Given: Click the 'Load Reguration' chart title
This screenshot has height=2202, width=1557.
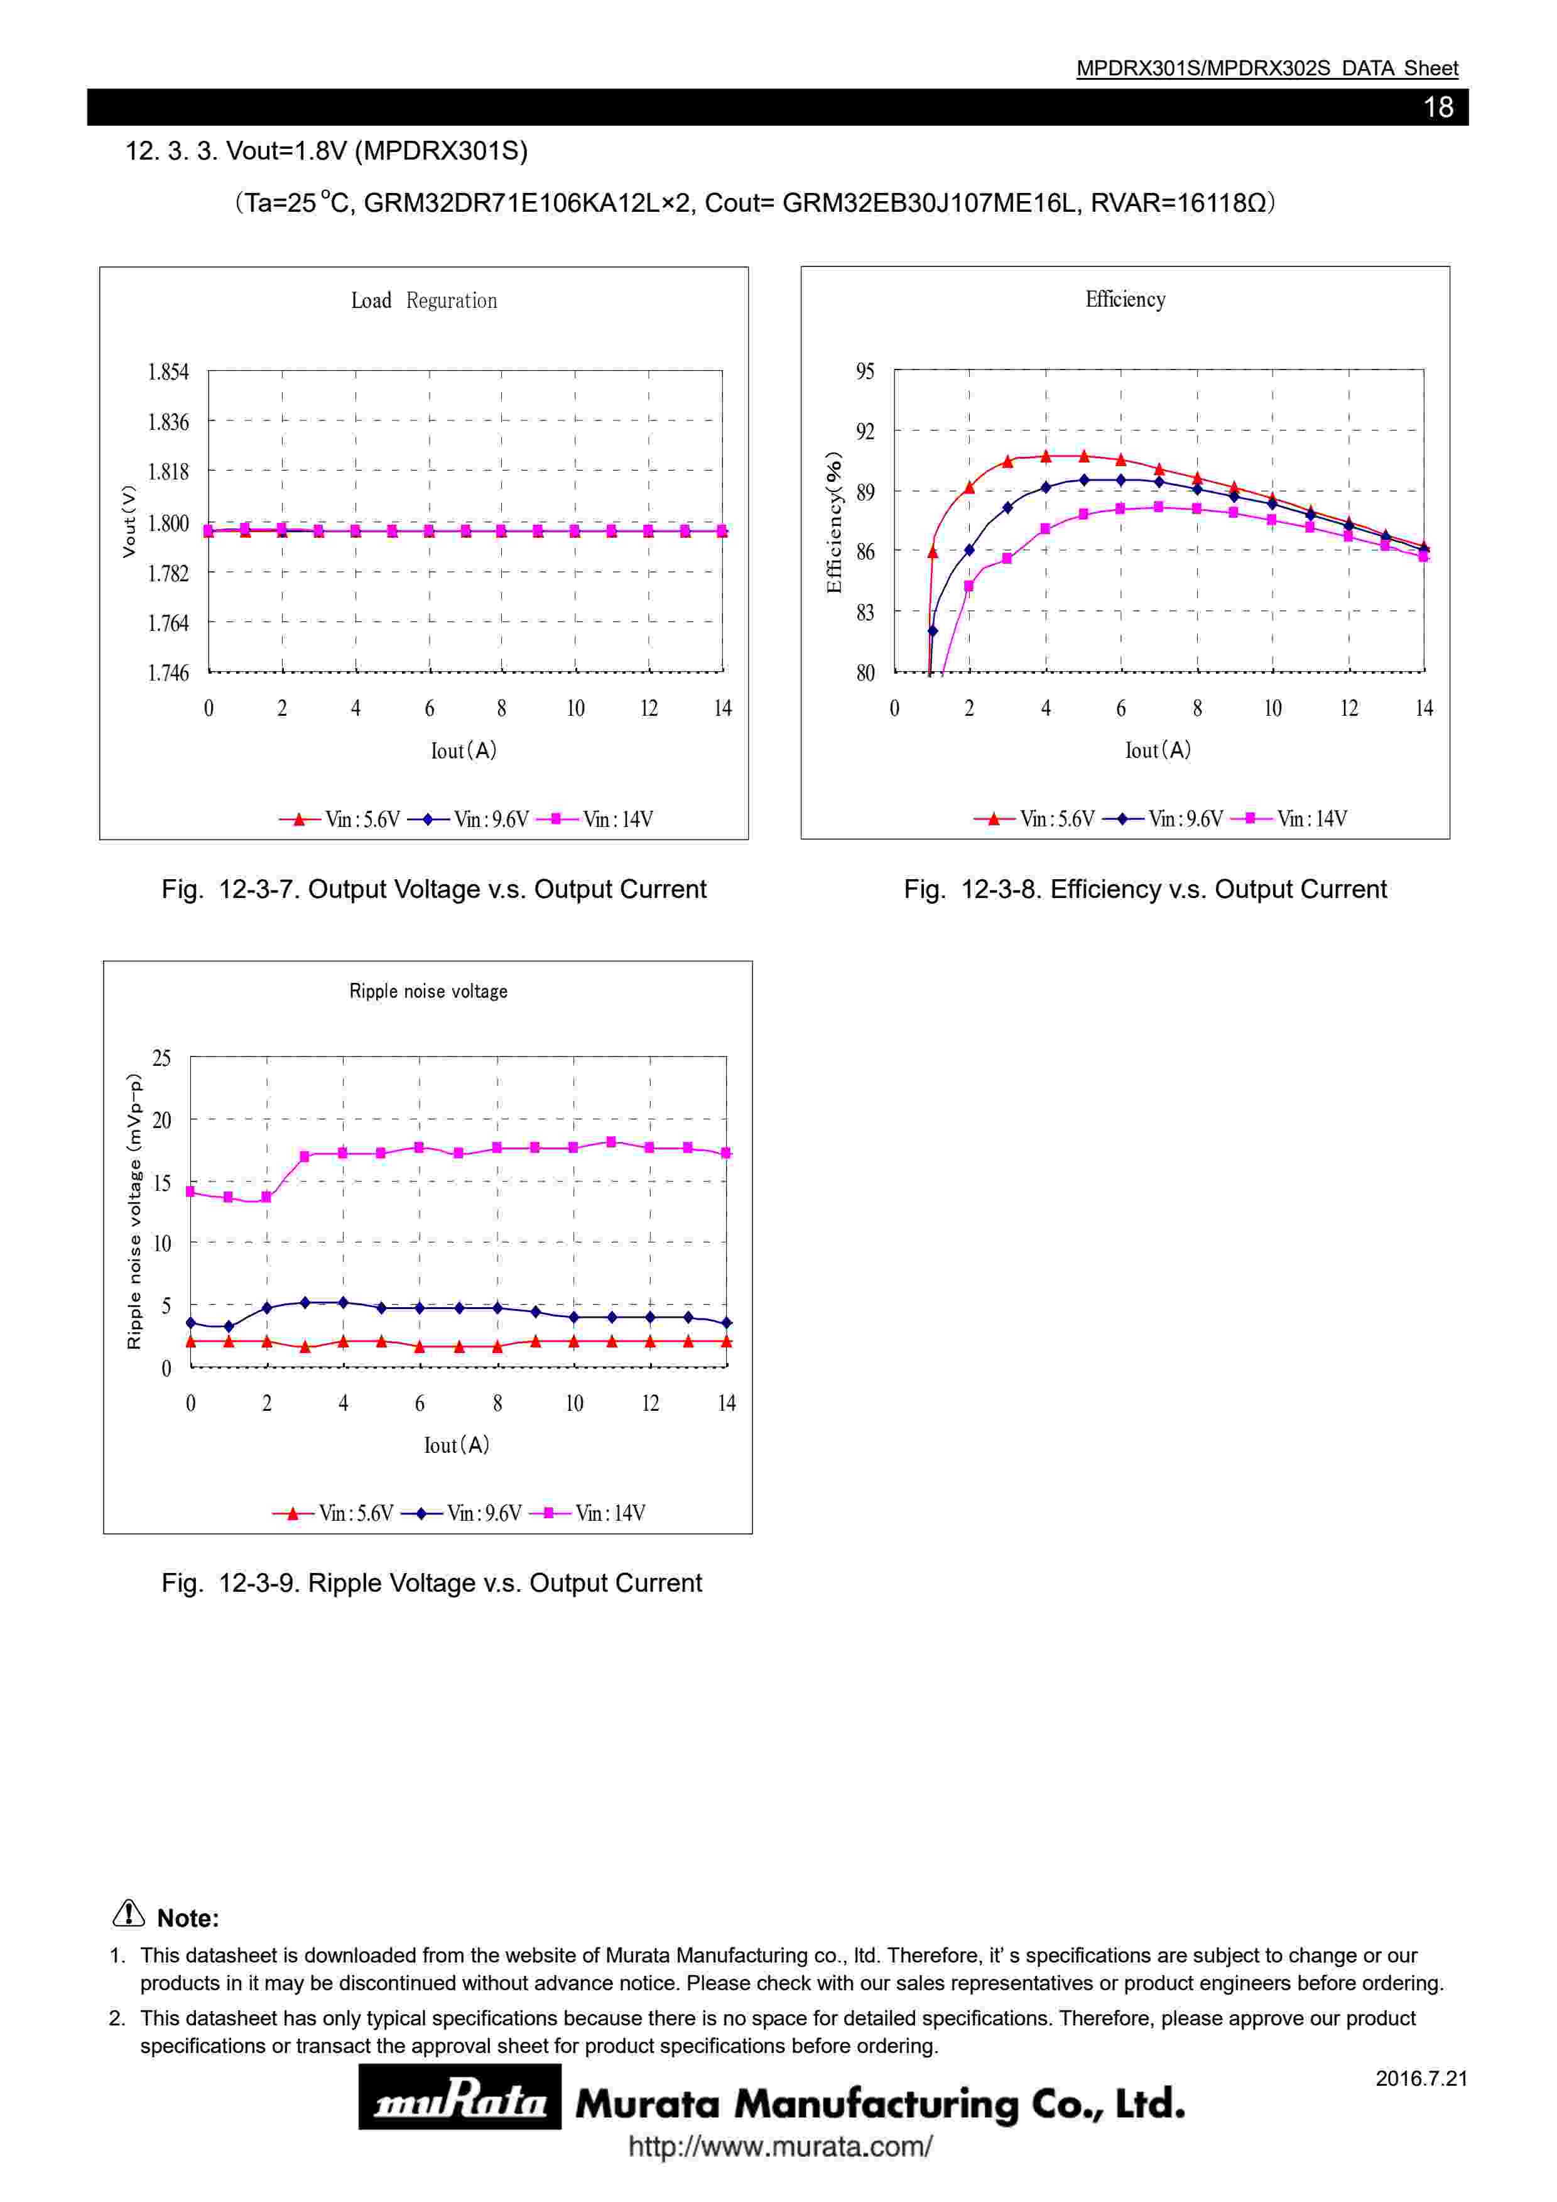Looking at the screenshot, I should click(x=424, y=301).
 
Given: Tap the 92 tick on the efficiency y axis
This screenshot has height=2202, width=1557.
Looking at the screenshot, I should click(x=865, y=432).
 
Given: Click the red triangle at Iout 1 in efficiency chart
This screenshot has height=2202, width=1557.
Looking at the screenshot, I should click(x=933, y=552).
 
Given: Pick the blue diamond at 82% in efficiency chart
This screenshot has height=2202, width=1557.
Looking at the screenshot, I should click(x=933, y=631).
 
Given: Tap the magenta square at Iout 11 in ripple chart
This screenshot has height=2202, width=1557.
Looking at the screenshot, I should click(x=612, y=1142).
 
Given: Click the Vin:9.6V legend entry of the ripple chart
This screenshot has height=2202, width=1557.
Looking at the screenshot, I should click(x=462, y=1513).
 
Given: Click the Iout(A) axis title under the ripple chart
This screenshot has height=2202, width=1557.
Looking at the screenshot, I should click(x=457, y=1445).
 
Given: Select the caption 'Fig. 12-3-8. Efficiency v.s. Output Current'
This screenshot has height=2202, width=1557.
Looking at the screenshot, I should click(x=1145, y=890).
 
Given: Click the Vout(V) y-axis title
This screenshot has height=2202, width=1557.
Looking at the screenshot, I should click(x=129, y=522).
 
